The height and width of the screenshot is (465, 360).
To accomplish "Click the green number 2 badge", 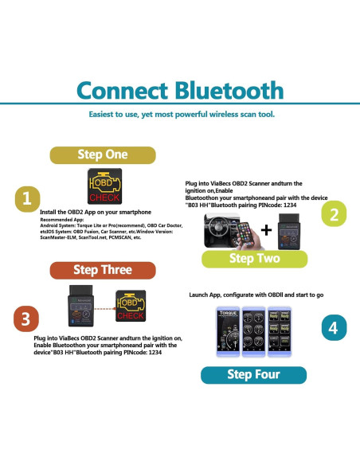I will tap(334, 213).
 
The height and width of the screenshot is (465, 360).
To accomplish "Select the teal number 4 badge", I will tap(334, 327).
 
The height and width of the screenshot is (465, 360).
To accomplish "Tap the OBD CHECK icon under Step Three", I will tap(132, 305).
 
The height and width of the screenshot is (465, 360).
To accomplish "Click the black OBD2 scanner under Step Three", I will tap(82, 303).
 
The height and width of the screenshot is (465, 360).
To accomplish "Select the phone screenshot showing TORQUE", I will tap(229, 329).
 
